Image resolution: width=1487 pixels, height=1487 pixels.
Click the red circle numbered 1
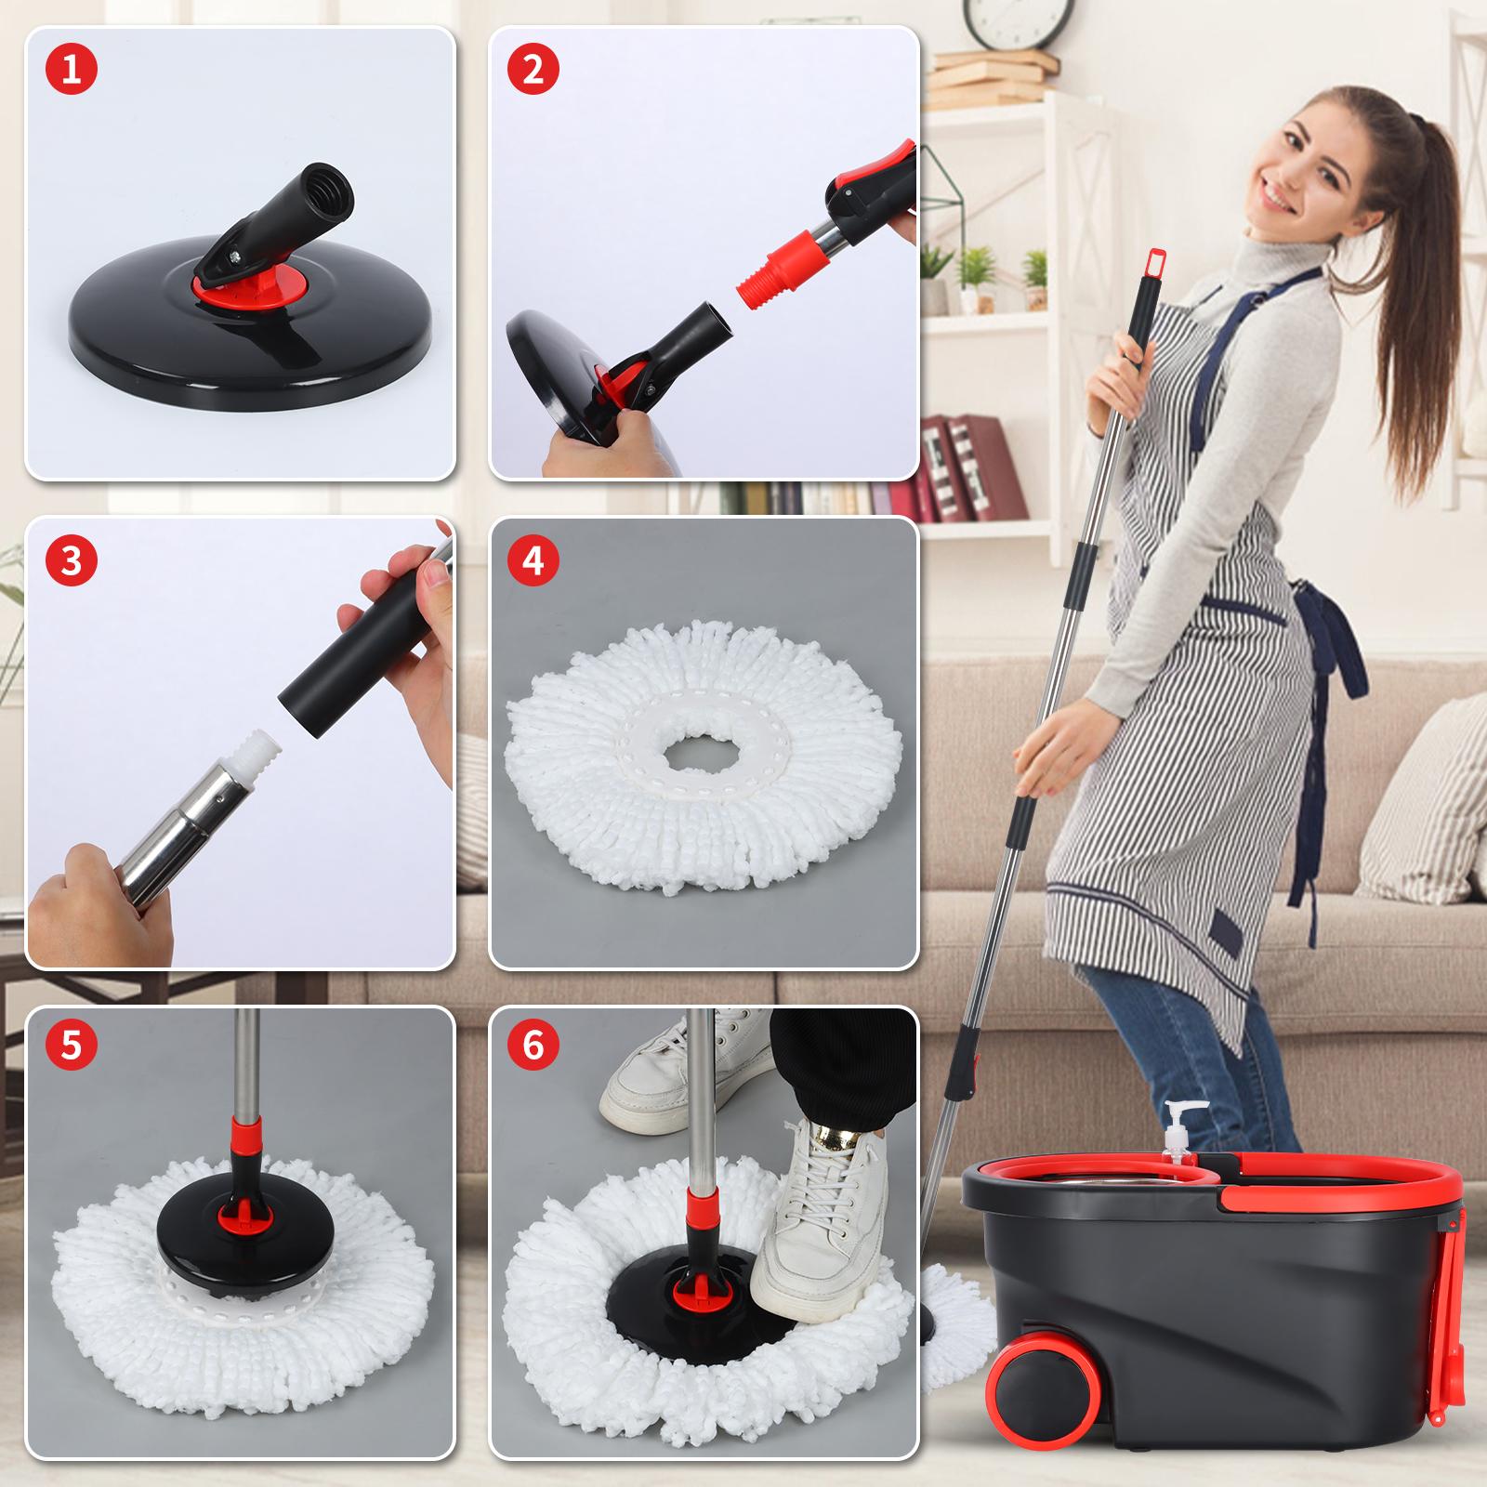pyautogui.click(x=71, y=71)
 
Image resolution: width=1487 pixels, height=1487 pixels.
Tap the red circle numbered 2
pyautogui.click(x=533, y=71)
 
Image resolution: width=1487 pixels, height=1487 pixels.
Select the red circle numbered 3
pyautogui.click(x=71, y=561)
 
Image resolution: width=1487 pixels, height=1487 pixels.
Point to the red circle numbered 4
pyautogui.click(x=533, y=561)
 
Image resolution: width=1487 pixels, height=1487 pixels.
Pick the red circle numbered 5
pyautogui.click(x=71, y=1046)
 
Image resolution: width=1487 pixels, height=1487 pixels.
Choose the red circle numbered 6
pyautogui.click(x=533, y=1046)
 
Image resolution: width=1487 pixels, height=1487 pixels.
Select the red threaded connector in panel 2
pyautogui.click(x=768, y=275)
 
